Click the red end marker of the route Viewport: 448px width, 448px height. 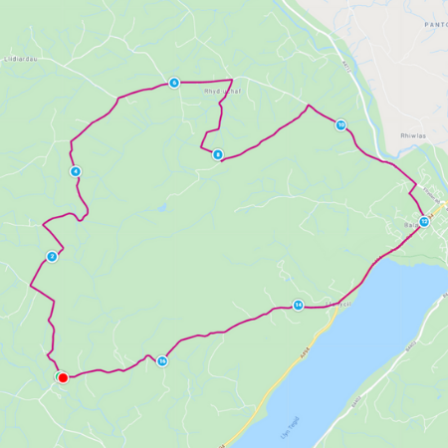pos(63,377)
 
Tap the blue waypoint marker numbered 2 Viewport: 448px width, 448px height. pos(52,257)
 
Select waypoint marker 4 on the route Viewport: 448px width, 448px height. pos(76,171)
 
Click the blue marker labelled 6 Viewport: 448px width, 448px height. pos(173,83)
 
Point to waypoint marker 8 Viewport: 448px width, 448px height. pos(217,154)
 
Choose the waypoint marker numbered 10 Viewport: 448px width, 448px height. pos(340,125)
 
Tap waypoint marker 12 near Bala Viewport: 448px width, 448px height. pos(423,221)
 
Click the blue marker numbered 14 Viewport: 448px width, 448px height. pos(298,305)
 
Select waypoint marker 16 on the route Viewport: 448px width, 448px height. pos(161,360)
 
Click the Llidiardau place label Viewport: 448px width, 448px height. pos(22,59)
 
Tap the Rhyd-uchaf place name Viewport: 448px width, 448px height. pos(223,91)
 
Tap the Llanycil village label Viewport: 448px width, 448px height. pos(339,304)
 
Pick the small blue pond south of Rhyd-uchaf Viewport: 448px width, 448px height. pos(160,208)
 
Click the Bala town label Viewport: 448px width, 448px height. pos(410,226)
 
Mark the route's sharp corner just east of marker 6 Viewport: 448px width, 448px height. pos(231,80)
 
